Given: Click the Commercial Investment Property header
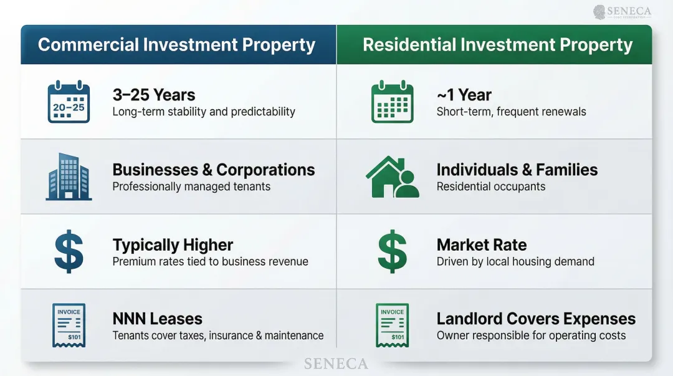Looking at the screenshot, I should point(176,45).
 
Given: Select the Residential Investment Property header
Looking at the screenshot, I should point(497,45).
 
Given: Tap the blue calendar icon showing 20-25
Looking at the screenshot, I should point(69,102).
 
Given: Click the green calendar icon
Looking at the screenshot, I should point(392,102).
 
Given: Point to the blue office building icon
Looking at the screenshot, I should point(69,178).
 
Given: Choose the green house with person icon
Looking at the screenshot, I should point(392,177).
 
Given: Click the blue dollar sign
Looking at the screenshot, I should point(69,251).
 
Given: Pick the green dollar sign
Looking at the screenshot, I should point(392,251).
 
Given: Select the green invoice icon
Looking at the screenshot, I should point(392,325).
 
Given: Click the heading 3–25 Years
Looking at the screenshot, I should point(154,95).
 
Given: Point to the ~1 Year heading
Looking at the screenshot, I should point(464,95).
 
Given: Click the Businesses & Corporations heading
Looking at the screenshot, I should point(214,170).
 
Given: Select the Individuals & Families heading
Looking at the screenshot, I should point(517,170).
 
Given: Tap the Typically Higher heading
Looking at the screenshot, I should point(173,244).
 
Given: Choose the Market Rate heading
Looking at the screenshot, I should point(482,244).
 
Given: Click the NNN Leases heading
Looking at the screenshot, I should point(158,319).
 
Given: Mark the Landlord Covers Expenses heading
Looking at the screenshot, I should point(536,319).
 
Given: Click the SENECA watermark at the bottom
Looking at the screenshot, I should point(336,364).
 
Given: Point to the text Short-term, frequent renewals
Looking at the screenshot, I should point(511,112).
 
